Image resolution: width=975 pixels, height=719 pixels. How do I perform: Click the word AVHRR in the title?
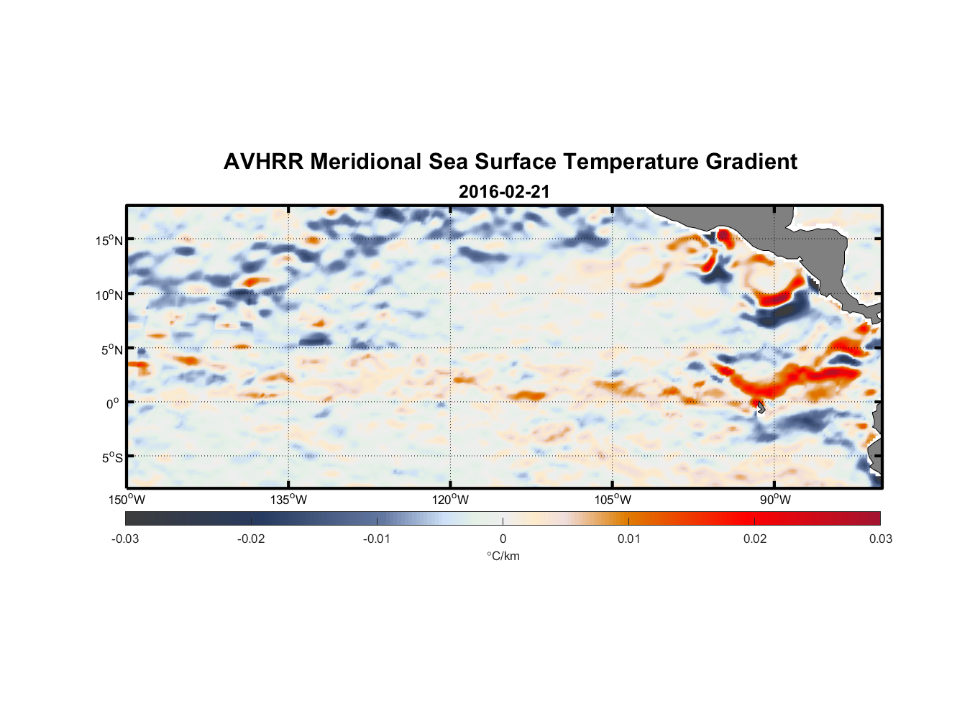pos(263,162)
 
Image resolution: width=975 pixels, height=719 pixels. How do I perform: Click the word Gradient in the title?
pos(751,162)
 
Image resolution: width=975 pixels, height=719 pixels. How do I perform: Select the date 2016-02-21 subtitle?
pos(504,192)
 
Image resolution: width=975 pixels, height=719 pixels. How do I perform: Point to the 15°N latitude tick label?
pos(109,240)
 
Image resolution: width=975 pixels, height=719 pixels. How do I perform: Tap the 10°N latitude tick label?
pos(109,295)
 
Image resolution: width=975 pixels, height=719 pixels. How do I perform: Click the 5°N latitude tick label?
pos(111,349)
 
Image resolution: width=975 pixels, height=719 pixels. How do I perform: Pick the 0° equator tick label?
pos(113,403)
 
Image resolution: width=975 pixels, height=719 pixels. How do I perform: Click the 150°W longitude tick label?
pos(127,500)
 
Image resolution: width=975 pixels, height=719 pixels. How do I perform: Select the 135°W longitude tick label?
pos(288,500)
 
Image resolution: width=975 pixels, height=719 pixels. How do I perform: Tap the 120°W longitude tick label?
pos(450,500)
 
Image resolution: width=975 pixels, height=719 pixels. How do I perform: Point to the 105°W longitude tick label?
pos(613,500)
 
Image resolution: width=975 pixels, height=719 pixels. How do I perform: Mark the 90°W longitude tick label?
pos(775,500)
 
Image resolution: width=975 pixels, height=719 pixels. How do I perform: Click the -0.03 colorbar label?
pos(125,539)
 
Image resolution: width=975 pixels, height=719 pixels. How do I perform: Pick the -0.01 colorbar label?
pos(377,539)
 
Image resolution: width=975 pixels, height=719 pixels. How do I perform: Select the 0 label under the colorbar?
pos(503,539)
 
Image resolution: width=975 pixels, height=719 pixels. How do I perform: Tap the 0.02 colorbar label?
pos(755,539)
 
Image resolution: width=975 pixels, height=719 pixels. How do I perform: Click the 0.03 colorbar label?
pos(880,539)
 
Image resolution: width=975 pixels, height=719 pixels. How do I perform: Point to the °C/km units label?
pos(503,556)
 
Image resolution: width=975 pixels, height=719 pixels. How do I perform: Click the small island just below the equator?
pos(761,408)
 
